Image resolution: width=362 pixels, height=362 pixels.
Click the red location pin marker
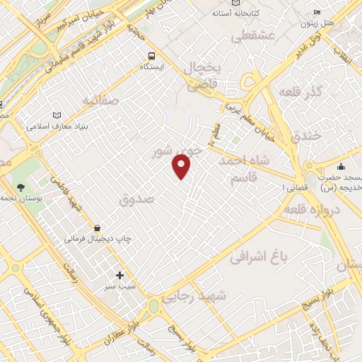182,166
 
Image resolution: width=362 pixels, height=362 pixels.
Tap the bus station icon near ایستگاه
151,55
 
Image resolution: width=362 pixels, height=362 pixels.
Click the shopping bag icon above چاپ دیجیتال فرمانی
97,228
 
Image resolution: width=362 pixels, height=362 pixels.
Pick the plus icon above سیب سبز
119,275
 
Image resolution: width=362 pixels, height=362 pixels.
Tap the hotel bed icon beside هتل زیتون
317,12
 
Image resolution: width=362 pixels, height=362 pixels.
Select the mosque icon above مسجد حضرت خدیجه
341,166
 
